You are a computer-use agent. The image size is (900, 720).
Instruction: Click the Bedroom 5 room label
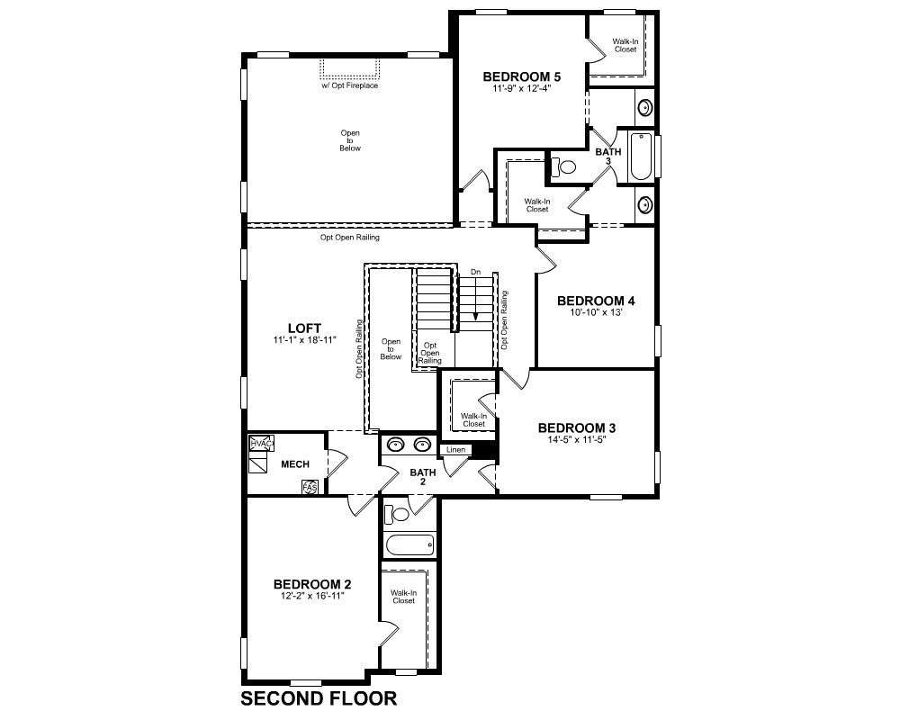pos(522,76)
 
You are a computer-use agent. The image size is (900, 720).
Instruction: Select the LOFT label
pos(305,328)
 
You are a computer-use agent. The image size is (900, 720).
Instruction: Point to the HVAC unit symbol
pos(261,444)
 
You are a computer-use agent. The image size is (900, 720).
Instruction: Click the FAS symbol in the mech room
pos(310,488)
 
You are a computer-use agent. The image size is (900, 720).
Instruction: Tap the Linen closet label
pos(455,450)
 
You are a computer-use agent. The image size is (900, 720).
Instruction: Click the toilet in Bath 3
pos(563,167)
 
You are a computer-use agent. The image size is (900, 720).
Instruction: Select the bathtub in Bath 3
pos(641,157)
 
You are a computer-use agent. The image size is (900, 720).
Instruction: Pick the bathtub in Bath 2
pos(409,544)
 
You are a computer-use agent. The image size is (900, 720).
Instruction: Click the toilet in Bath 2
pos(396,513)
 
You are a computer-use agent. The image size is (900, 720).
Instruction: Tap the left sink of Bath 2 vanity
pos(395,445)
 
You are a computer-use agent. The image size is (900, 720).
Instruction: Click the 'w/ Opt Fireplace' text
pos(349,85)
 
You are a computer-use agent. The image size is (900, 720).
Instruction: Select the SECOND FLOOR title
pos(319,698)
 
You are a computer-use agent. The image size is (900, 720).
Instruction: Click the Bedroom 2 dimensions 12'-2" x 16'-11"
pos(312,596)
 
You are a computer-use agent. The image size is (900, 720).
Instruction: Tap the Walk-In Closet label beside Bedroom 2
pos(403,597)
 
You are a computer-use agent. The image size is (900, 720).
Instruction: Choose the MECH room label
pos(295,463)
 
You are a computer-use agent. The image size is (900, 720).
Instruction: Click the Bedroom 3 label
pos(577,427)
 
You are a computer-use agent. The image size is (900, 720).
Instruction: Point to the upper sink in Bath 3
pos(645,107)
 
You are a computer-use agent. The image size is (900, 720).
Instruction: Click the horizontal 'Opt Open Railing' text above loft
pos(349,237)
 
